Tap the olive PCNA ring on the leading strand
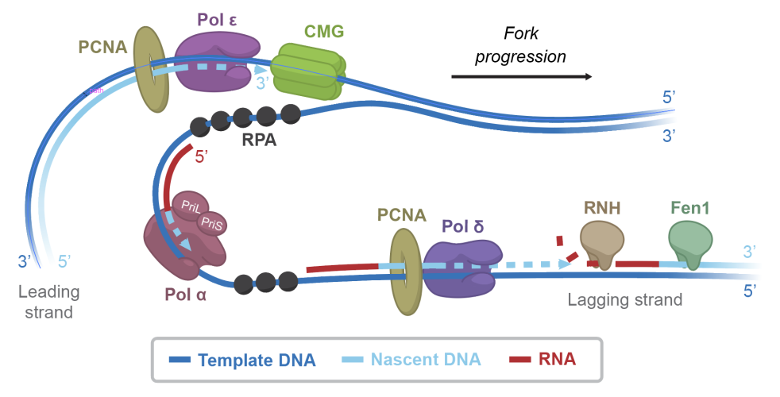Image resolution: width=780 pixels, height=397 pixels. (x=149, y=68)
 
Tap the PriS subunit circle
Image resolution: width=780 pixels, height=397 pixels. (x=211, y=224)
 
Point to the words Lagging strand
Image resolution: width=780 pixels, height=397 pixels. (x=625, y=300)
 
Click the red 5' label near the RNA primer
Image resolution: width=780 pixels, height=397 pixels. (x=202, y=156)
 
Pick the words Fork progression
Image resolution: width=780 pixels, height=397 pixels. (x=533, y=45)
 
